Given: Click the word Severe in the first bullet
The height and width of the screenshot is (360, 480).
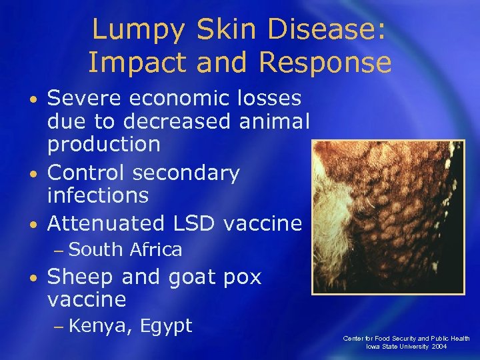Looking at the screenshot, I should tap(86, 98).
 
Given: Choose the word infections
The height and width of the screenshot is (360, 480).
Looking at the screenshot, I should tap(97, 195).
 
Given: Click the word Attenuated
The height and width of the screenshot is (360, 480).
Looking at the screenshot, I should tap(106, 222).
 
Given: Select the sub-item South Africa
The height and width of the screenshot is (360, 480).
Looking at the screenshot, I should tap(125, 250).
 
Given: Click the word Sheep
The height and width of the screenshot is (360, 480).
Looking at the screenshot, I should tap(79, 277).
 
